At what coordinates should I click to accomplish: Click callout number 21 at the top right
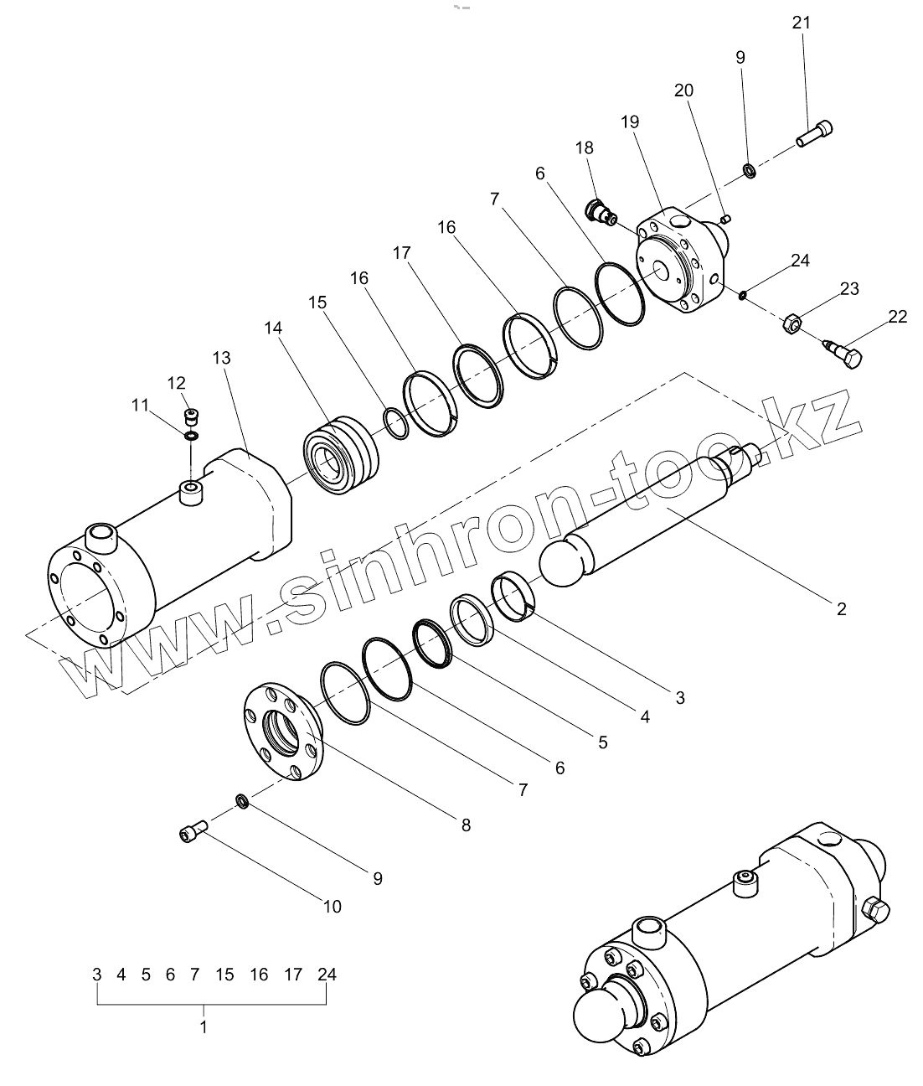tap(801, 23)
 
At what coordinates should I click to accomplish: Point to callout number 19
tap(630, 122)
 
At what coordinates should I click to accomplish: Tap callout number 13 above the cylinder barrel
tap(222, 358)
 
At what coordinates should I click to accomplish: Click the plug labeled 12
tap(193, 415)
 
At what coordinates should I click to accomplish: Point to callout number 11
tap(141, 406)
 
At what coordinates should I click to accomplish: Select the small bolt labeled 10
tap(193, 832)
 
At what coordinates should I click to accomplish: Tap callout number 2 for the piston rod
tap(841, 609)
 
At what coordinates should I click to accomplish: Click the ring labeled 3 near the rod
tap(515, 594)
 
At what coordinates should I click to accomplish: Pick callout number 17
tap(402, 252)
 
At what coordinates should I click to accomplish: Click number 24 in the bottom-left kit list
tap(327, 974)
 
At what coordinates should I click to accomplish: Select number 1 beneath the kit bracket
tap(204, 1027)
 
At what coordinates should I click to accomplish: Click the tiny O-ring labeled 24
tap(743, 294)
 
